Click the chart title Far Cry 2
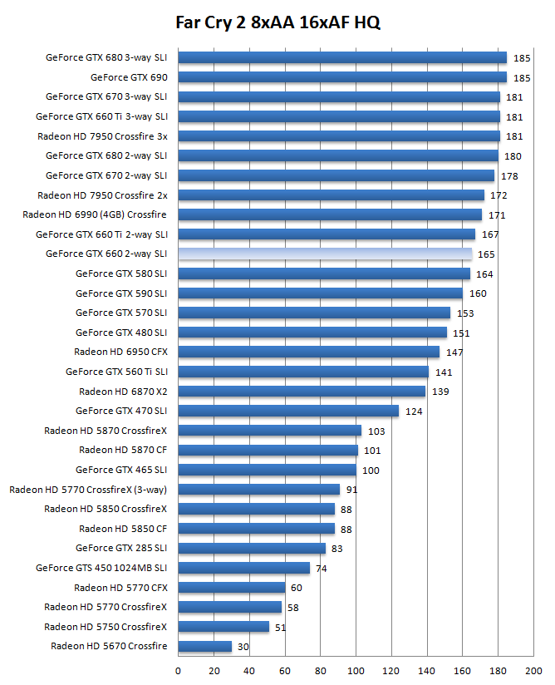pos(277,22)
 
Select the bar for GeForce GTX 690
pos(342,77)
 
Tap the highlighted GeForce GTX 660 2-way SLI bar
pos(325,254)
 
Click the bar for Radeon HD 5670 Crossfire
pos(205,646)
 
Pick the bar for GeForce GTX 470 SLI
pos(288,411)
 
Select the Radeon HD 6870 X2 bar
pos(302,391)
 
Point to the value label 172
pos(499,195)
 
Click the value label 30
pos(243,646)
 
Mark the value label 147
pos(454,352)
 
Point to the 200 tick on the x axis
pos(533,669)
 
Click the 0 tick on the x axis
pos(178,669)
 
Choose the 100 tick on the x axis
pos(356,669)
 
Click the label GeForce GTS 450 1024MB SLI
pos(101,568)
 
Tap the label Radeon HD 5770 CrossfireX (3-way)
pos(88,490)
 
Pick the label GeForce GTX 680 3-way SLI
pos(106,58)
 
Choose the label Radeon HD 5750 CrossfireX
pos(106,627)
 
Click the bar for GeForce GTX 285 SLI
pos(252,548)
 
